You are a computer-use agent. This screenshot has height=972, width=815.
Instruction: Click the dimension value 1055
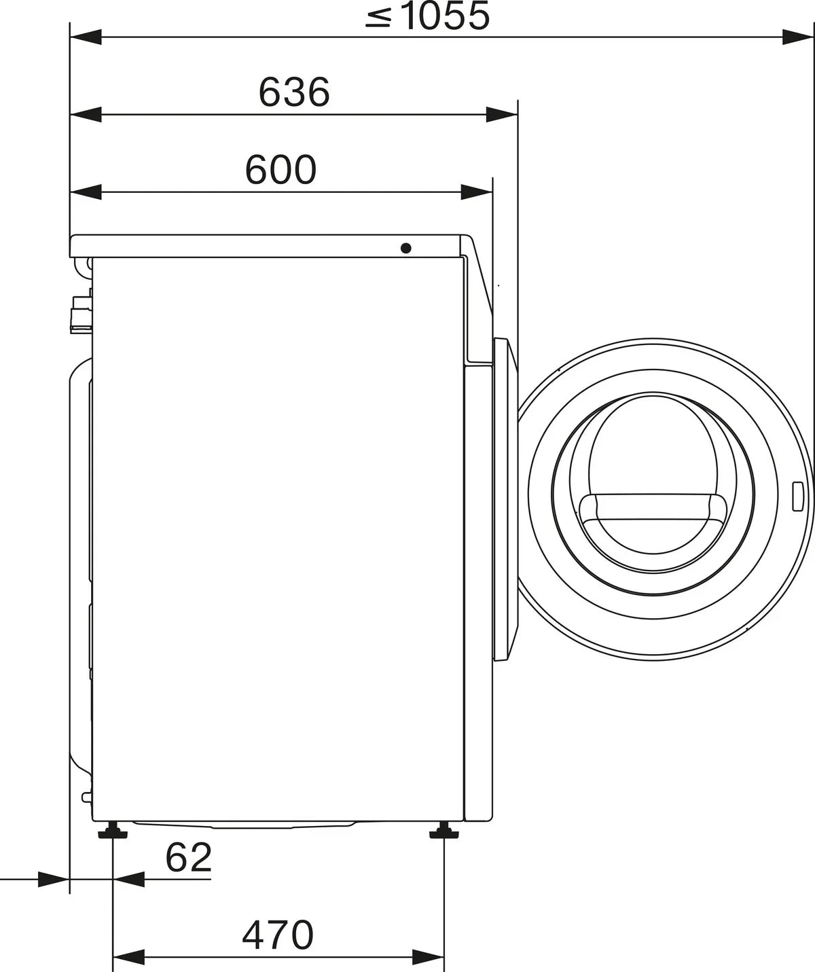click(445, 16)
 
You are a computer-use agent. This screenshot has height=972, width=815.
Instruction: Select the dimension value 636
click(293, 92)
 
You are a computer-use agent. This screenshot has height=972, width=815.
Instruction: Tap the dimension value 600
click(280, 170)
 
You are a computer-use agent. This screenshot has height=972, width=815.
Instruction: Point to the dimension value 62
click(188, 858)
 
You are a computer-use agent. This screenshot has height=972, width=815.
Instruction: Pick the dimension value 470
click(278, 935)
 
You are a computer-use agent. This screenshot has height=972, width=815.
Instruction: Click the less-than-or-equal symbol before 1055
click(378, 18)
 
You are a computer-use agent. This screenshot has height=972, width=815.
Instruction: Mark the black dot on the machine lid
click(406, 248)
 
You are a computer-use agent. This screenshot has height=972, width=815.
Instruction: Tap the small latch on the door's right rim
click(799, 497)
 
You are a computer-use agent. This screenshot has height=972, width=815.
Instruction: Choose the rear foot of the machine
click(111, 830)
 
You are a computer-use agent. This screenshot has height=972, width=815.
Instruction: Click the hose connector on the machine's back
click(81, 312)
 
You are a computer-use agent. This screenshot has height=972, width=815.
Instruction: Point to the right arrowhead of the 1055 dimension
click(797, 38)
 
